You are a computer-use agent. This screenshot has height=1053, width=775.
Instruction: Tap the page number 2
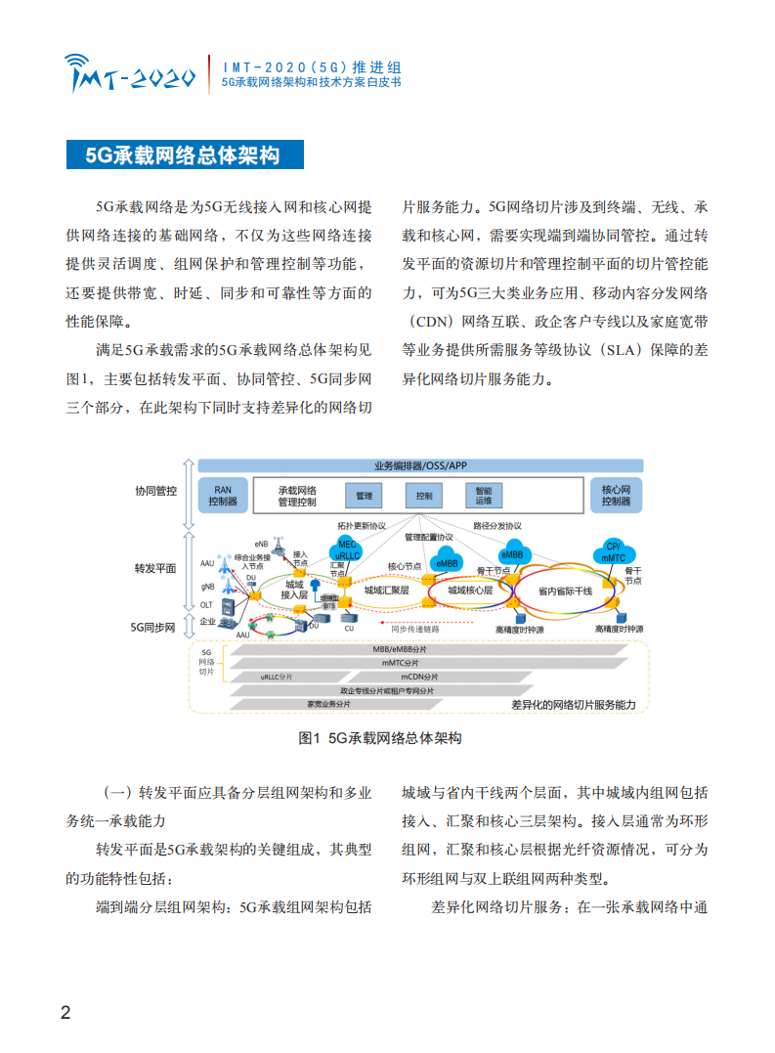(65, 1011)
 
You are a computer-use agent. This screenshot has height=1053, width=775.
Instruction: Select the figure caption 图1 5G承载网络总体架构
(380, 739)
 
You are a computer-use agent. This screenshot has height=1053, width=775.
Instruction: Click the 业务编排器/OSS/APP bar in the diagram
(420, 466)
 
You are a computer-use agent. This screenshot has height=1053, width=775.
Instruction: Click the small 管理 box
(364, 497)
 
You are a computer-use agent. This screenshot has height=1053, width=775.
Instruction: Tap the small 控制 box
(423, 497)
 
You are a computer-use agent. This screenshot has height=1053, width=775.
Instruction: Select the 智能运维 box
(484, 497)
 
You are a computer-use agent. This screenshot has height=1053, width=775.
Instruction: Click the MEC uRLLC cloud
(348, 550)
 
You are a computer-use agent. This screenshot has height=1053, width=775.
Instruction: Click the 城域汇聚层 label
(385, 591)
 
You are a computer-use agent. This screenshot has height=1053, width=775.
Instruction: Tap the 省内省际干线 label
(565, 591)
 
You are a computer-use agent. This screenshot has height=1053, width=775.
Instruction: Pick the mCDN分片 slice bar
(420, 676)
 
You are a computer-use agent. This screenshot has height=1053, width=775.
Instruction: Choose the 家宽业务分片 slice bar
(327, 703)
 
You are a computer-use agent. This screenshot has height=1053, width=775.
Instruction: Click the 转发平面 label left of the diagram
(155, 568)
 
